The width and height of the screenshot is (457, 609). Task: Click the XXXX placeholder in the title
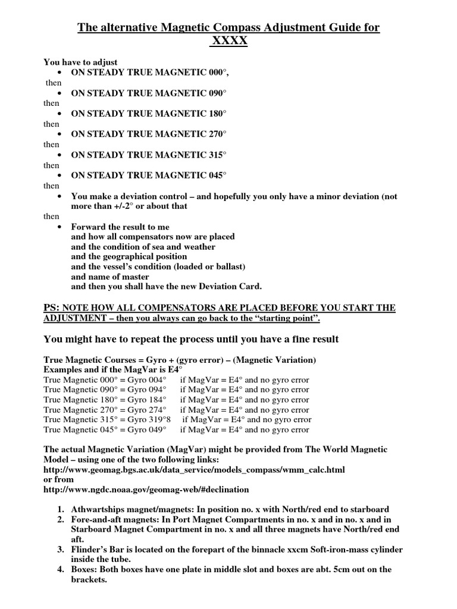(228, 42)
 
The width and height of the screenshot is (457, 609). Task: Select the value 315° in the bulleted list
(215, 155)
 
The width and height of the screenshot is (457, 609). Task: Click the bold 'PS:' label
(52, 307)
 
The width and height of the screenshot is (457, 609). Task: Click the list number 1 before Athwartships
(61, 510)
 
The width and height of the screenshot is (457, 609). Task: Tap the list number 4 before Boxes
(61, 570)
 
